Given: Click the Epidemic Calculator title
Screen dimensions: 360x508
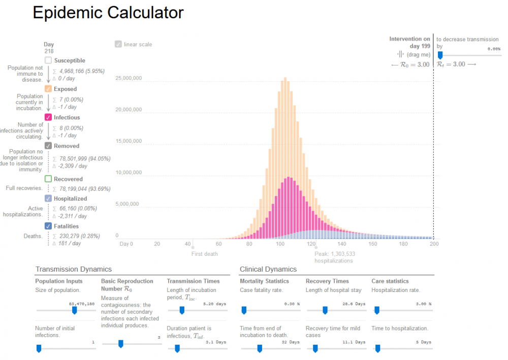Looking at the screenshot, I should coord(108,13).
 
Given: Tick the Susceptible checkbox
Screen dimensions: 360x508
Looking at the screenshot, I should coord(48,60).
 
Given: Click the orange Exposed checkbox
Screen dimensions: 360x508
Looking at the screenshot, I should coord(48,89).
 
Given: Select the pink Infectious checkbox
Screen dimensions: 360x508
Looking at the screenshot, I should coord(48,117).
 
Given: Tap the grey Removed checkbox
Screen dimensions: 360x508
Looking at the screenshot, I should coord(48,146).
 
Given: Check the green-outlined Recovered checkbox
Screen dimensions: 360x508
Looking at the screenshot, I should coord(48,179).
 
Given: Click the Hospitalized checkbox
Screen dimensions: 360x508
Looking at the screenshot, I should coord(48,199).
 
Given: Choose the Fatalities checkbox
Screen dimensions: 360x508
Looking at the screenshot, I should coord(48,226).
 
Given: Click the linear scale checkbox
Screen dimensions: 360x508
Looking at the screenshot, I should coord(118,44).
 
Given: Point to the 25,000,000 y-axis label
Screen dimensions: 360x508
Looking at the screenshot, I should coord(129,78).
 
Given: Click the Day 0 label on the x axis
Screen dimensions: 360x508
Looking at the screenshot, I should coord(126,244).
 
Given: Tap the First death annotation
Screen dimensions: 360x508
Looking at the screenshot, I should coord(204,254).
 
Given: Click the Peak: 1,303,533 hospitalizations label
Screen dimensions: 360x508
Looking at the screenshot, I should coord(334,257).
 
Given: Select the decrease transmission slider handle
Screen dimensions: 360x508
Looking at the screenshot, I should coord(440,55).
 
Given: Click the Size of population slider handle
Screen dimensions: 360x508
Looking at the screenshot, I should coord(74,310).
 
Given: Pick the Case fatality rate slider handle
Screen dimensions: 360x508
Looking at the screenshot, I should coord(243,310).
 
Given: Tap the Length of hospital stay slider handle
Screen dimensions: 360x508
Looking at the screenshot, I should coord(325,310).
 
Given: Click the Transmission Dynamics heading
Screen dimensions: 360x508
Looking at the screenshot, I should coord(73,269).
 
